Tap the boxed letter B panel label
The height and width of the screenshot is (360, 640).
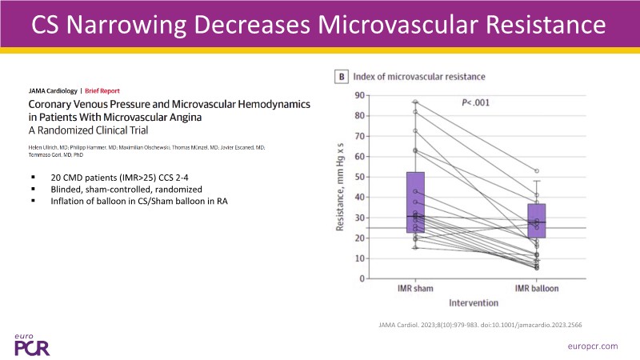pyautogui.click(x=342, y=77)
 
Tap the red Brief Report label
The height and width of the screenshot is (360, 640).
pyautogui.click(x=105, y=90)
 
